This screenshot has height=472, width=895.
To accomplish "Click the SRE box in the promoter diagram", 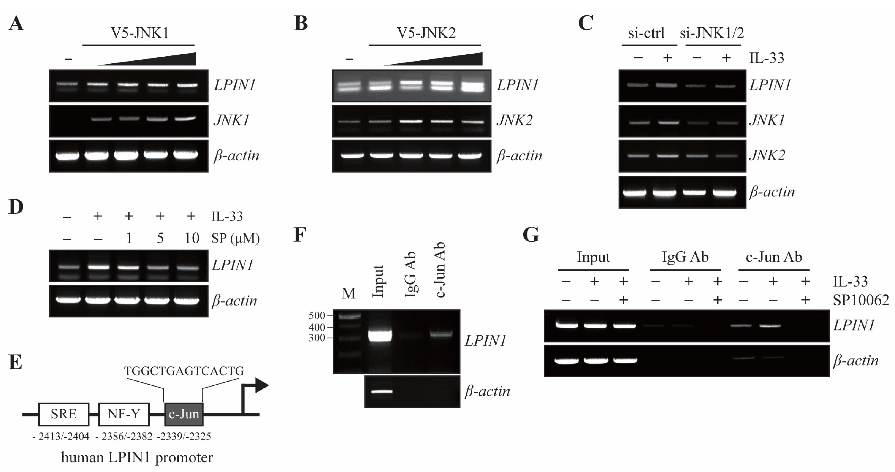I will [64, 414].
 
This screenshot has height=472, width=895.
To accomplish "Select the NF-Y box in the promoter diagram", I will [124, 414].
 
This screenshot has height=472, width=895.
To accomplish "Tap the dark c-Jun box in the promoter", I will [184, 414].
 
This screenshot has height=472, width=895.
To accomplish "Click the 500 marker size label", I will [317, 316].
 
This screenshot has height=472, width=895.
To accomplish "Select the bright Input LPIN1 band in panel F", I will [380, 336].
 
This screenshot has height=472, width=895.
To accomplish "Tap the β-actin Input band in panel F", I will [382, 391].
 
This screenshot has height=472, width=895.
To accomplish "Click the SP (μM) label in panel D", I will [236, 239].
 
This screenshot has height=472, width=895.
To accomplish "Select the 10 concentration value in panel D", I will [191, 239].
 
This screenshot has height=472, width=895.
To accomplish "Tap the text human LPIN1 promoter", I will [137, 457].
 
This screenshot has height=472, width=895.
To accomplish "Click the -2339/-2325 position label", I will [184, 437].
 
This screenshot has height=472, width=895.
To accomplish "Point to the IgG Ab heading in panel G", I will [685, 257].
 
